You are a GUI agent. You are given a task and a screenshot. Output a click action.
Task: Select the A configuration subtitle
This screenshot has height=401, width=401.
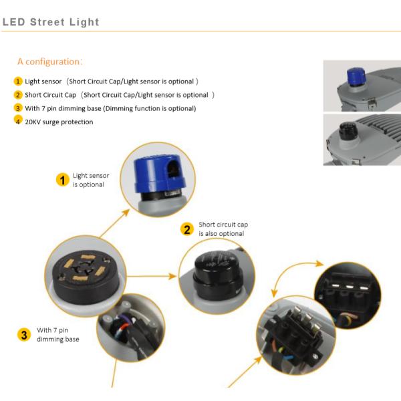[50, 61]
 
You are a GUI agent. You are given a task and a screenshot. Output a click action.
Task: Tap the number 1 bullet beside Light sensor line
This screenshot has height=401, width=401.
[18, 81]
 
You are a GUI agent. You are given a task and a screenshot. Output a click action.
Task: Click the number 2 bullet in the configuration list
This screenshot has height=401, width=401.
[18, 94]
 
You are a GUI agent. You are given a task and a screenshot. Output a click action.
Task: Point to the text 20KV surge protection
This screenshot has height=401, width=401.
[59, 122]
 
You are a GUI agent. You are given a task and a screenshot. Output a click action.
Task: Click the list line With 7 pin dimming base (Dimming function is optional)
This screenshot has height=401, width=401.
[110, 108]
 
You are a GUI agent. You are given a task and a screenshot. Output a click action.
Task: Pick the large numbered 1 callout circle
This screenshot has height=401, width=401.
[62, 180]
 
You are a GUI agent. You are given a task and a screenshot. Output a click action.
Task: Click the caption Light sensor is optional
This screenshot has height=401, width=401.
[90, 180]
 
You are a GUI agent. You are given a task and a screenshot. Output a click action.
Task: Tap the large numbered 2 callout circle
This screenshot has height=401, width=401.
[188, 229]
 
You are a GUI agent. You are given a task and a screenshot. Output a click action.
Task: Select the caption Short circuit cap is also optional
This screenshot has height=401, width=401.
[223, 229]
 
